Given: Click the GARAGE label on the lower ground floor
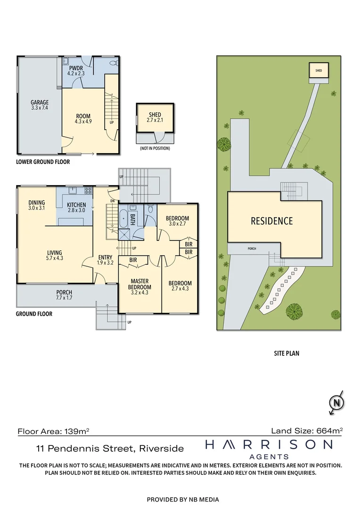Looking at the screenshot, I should (x=40, y=105).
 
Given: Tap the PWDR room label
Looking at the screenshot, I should (x=75, y=71).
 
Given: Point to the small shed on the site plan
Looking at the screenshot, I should (x=319, y=71).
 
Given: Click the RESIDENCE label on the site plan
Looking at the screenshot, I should (x=271, y=221).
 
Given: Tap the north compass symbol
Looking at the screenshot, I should (x=336, y=403).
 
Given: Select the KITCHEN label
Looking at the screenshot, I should (x=76, y=208).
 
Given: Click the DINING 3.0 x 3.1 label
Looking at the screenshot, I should (x=36, y=205).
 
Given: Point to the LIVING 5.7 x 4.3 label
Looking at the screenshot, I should (x=54, y=256).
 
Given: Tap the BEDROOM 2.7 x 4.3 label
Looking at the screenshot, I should (x=180, y=286).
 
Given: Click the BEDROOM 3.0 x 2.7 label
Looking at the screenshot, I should (x=177, y=221).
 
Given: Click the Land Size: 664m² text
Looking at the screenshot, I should (x=306, y=430).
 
